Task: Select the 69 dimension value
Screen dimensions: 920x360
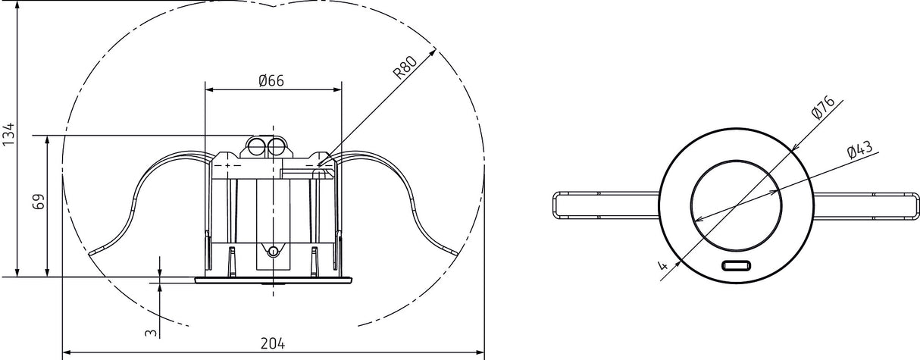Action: point(39,202)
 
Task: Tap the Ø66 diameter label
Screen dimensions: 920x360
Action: point(271,80)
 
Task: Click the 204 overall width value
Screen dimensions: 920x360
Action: point(273,343)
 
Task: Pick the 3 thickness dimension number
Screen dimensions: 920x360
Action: point(151,332)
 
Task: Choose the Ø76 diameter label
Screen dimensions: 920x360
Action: point(823,107)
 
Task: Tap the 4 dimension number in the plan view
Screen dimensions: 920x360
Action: point(663,265)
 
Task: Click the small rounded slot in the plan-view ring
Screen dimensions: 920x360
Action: point(736,266)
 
